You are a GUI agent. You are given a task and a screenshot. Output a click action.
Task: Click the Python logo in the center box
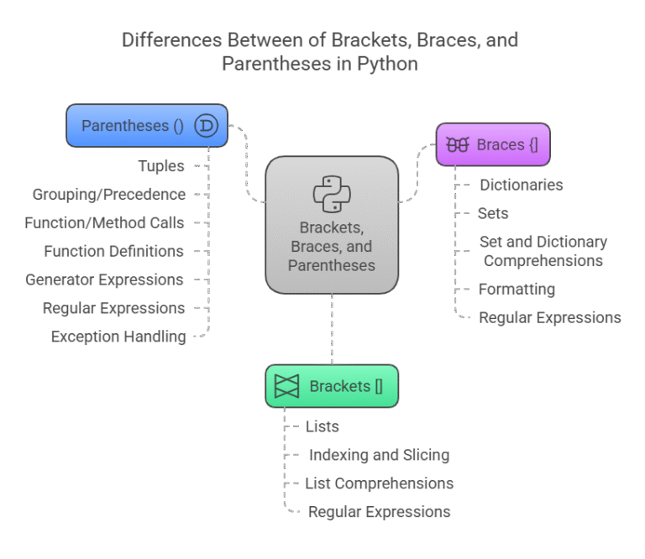(x=332, y=194)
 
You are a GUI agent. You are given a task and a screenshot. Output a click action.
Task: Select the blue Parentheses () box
(x=134, y=126)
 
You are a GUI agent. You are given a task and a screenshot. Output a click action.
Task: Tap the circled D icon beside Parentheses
(x=206, y=126)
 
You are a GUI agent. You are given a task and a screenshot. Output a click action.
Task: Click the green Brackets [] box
(x=332, y=386)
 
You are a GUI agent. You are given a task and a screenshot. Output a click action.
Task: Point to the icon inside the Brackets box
(x=287, y=386)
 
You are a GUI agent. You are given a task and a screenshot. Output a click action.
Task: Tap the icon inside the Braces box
(x=458, y=144)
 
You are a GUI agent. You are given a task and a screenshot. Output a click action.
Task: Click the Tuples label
(x=161, y=166)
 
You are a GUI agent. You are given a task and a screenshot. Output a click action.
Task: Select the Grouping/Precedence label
(x=110, y=195)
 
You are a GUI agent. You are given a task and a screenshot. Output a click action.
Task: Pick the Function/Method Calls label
(x=105, y=223)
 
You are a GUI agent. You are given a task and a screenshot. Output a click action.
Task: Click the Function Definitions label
(x=114, y=251)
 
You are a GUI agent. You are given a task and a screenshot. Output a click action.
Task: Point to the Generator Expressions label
(x=105, y=279)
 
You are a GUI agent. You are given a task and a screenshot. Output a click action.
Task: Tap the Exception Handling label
(x=119, y=337)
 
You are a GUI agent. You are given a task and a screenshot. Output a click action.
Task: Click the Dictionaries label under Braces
(x=521, y=185)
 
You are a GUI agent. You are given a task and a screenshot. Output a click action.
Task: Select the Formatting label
(x=517, y=290)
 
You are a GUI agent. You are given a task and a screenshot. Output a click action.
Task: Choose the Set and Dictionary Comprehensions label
(x=543, y=252)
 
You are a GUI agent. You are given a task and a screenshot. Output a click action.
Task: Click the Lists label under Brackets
(x=322, y=426)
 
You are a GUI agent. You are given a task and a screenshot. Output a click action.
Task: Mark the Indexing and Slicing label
(x=379, y=455)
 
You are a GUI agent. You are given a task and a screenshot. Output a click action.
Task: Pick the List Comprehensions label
(x=380, y=483)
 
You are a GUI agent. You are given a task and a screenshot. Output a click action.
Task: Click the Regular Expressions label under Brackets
(x=380, y=512)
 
